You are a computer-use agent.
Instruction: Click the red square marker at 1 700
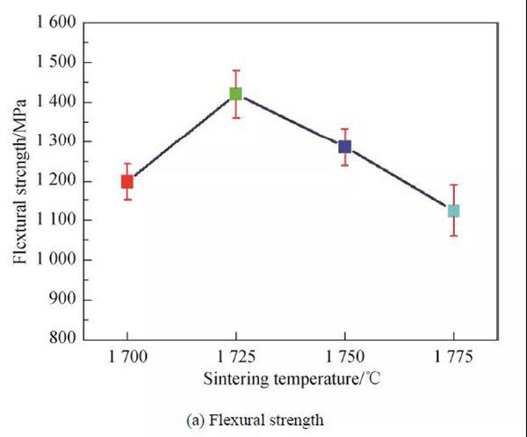127,182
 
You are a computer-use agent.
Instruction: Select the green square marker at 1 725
235,94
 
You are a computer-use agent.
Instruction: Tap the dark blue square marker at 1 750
344,147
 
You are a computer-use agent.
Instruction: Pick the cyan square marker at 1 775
453,211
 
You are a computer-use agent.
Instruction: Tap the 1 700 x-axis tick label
127,358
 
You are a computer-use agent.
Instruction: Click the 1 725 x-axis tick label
235,358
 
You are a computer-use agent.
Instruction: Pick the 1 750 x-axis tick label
344,358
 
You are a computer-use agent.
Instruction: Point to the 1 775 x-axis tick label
453,358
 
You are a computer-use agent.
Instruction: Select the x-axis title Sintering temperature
290,380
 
